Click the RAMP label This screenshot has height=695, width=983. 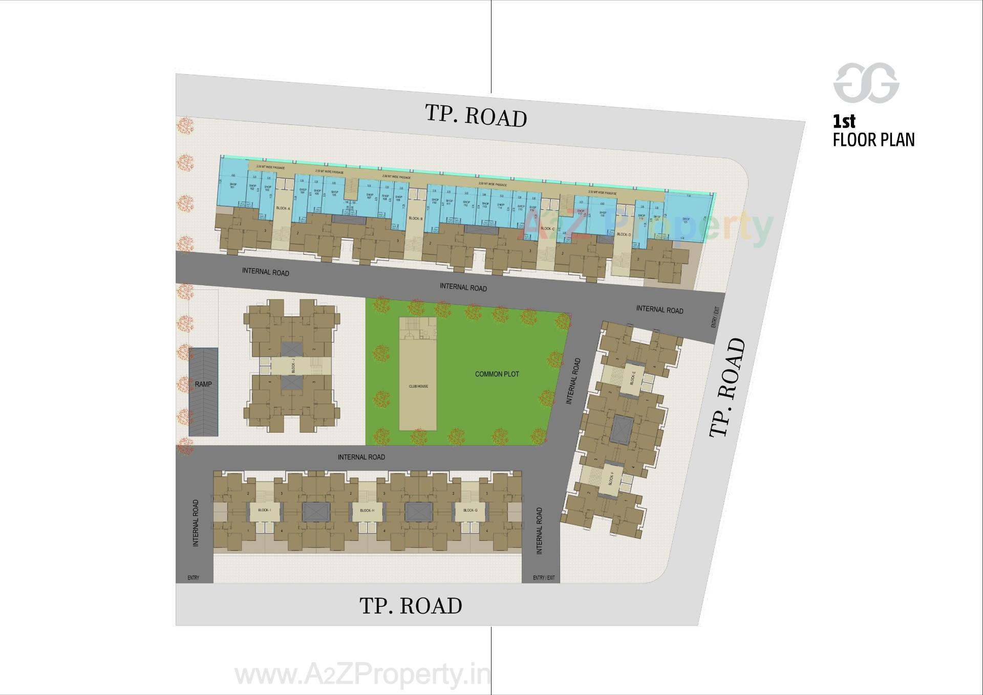pyautogui.click(x=203, y=384)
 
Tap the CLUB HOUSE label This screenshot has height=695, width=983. pyautogui.click(x=418, y=387)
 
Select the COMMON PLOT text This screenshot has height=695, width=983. pyautogui.click(x=497, y=374)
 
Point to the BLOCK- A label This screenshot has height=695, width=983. pyautogui.click(x=283, y=208)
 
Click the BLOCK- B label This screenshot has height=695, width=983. pyautogui.click(x=416, y=219)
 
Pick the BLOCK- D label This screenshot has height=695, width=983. pyautogui.click(x=624, y=235)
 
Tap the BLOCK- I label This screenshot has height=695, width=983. pyautogui.click(x=264, y=510)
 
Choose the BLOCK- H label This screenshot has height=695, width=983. pyautogui.click(x=367, y=510)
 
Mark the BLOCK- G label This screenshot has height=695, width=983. pyautogui.click(x=469, y=510)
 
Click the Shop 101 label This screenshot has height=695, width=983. pyautogui.click(x=233, y=185)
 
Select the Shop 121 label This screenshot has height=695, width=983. pyautogui.click(x=686, y=221)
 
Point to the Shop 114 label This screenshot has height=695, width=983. pyautogui.click(x=500, y=206)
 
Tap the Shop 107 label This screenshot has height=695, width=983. pyautogui.click(x=369, y=196)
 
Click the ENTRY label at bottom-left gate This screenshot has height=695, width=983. pyautogui.click(x=193, y=578)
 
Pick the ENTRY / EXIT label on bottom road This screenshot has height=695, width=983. pyautogui.click(x=543, y=578)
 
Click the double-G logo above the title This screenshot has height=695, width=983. pyautogui.click(x=866, y=83)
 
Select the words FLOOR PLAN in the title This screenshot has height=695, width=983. pyautogui.click(x=873, y=140)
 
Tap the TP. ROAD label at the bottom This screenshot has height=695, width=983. pyautogui.click(x=411, y=606)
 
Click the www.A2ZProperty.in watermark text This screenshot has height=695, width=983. pyautogui.click(x=362, y=675)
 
